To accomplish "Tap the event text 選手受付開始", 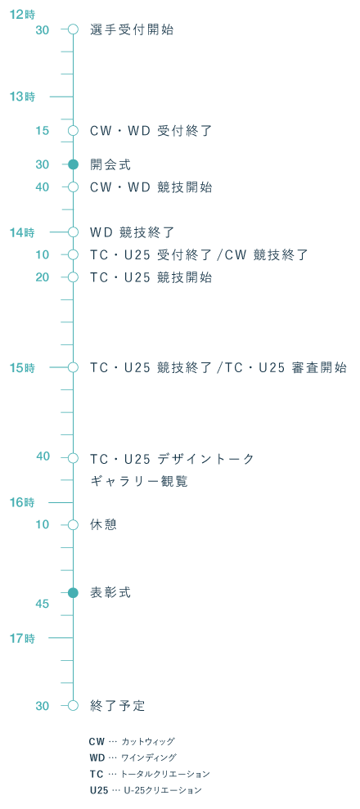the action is (x=132, y=29).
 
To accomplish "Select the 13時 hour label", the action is (x=22, y=97).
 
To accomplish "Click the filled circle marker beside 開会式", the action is (x=74, y=164).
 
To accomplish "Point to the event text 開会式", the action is (x=110, y=164).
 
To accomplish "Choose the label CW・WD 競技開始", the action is (x=151, y=187).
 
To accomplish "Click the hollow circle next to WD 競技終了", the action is (x=74, y=232).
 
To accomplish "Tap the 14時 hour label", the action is (x=22, y=232).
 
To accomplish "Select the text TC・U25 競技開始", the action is (x=151, y=277).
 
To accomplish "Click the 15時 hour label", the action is (x=22, y=368).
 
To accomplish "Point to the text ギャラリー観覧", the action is (x=139, y=481).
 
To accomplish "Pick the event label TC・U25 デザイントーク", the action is (x=173, y=458).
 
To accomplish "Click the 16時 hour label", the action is (x=22, y=502).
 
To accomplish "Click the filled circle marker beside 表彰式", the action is (x=74, y=593).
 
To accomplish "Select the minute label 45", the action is (x=43, y=604).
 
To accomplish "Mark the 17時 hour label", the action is (x=22, y=638).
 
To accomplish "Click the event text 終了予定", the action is (x=118, y=705).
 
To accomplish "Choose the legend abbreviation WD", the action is (x=97, y=758).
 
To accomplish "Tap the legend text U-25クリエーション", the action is (x=163, y=790).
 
